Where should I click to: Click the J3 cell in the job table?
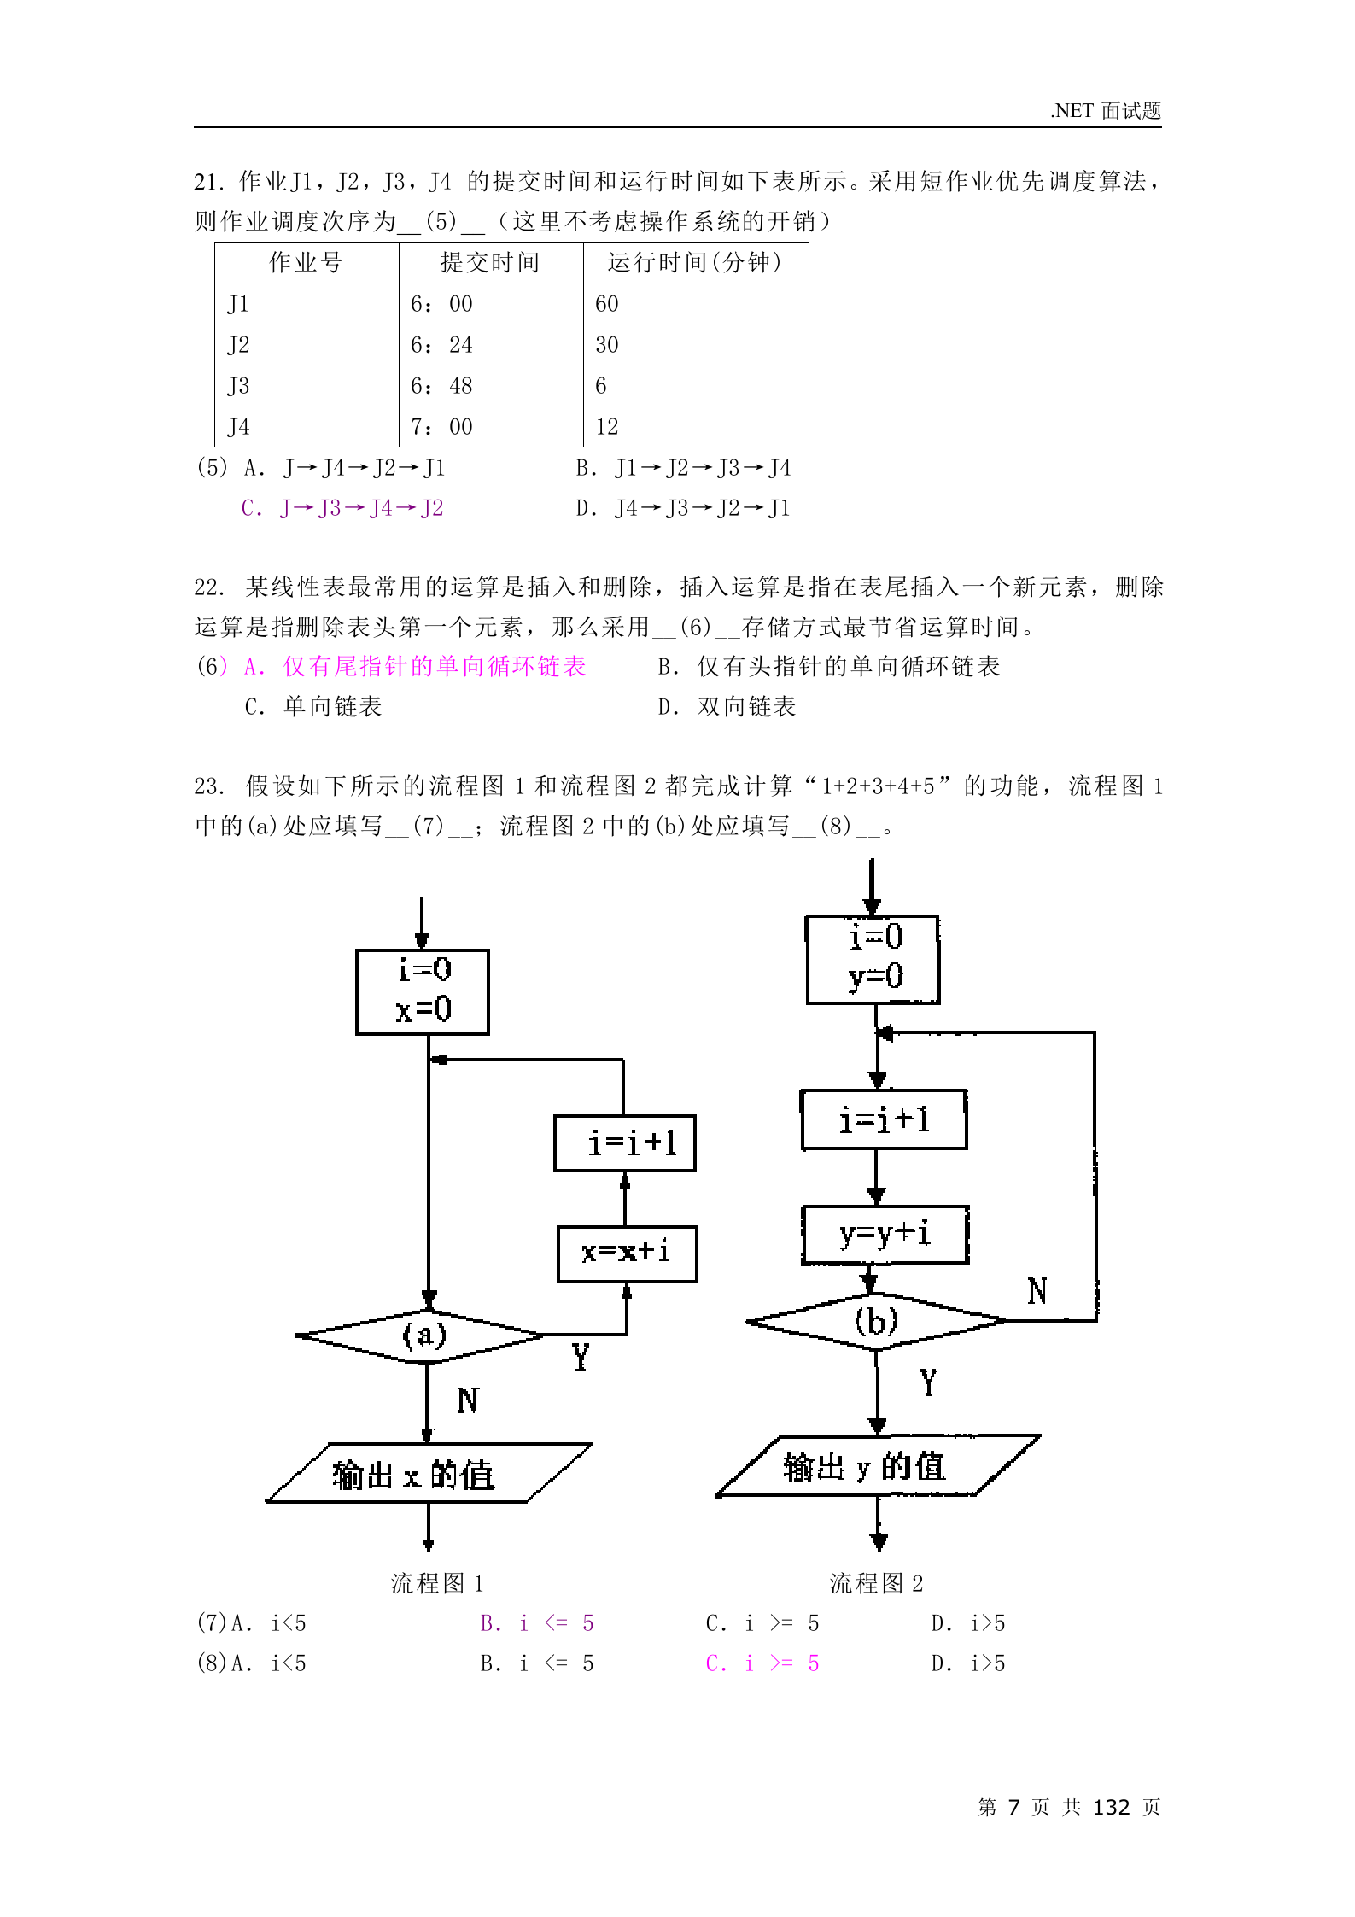[x=306, y=386]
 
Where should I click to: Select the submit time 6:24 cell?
[x=490, y=345]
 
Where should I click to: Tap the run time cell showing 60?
[x=695, y=304]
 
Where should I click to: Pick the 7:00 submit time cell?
[x=490, y=427]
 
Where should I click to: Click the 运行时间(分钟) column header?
[x=695, y=262]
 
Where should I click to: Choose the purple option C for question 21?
[x=342, y=509]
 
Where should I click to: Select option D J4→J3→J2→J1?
[x=683, y=509]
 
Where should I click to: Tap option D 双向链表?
[x=727, y=707]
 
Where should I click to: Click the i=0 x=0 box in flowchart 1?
[x=423, y=991]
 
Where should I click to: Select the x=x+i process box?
[x=627, y=1254]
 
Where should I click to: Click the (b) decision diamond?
[x=876, y=1322]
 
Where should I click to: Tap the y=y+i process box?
[x=885, y=1235]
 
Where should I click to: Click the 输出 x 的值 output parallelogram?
[x=428, y=1473]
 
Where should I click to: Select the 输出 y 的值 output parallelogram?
[x=878, y=1466]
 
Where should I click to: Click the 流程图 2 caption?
[x=876, y=1584]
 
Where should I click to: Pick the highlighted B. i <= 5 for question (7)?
[x=536, y=1623]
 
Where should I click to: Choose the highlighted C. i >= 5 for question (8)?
[x=762, y=1663]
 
